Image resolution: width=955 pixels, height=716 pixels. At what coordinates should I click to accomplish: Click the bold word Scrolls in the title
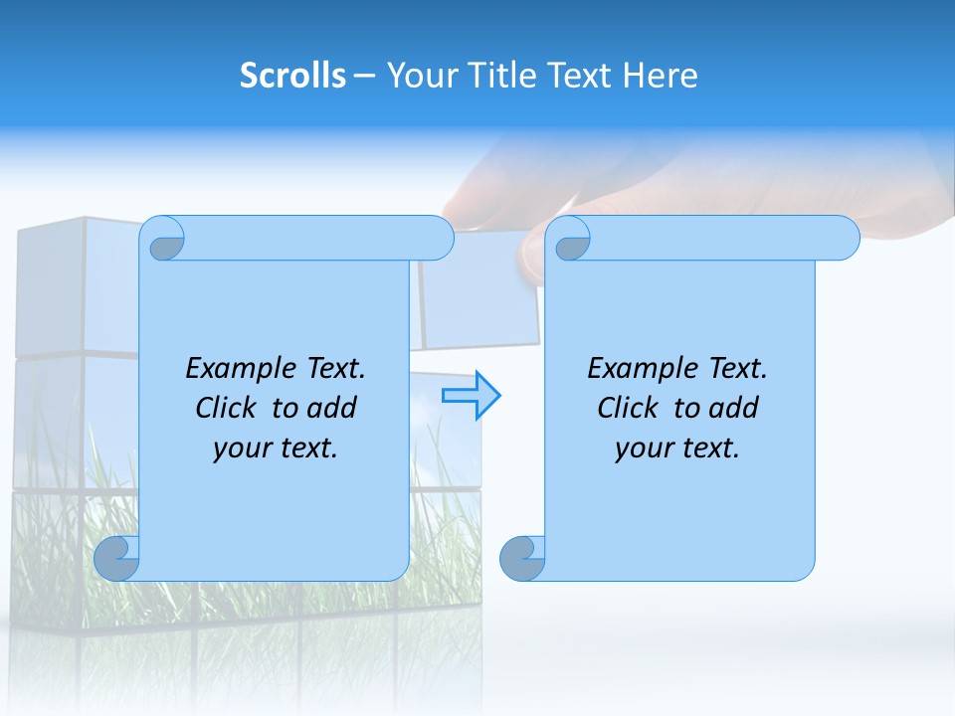(292, 76)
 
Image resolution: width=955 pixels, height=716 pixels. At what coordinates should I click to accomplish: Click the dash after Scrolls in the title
(364, 76)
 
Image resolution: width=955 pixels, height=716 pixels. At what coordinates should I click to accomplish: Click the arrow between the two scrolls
(472, 396)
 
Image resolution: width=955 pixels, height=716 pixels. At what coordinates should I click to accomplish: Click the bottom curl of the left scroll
(116, 559)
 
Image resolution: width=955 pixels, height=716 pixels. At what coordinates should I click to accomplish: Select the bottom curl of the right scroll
(522, 559)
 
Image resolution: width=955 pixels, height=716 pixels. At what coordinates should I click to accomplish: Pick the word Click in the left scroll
(229, 408)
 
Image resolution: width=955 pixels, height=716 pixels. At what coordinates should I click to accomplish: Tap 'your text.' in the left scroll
(276, 447)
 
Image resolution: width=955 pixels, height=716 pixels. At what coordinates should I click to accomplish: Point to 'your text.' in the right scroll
(677, 447)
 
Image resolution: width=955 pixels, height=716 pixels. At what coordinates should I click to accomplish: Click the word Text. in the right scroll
(737, 368)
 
